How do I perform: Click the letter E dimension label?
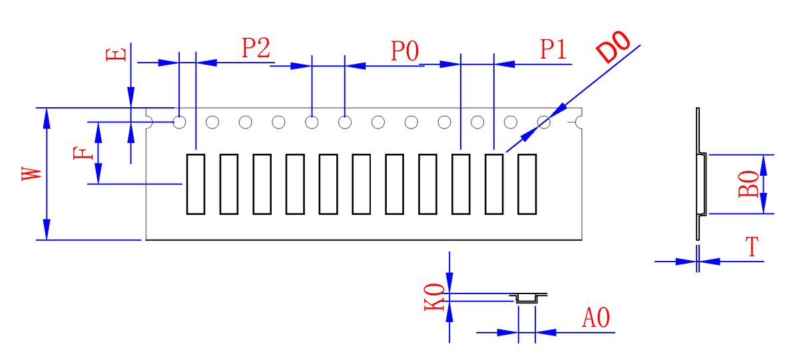117,53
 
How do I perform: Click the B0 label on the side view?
748,184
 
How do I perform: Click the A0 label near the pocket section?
596,318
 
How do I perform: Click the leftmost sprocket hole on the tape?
180,122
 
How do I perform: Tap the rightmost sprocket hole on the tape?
544,122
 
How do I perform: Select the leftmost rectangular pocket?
195,184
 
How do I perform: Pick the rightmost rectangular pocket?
527,184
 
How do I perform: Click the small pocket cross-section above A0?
527,297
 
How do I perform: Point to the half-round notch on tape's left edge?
150,122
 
